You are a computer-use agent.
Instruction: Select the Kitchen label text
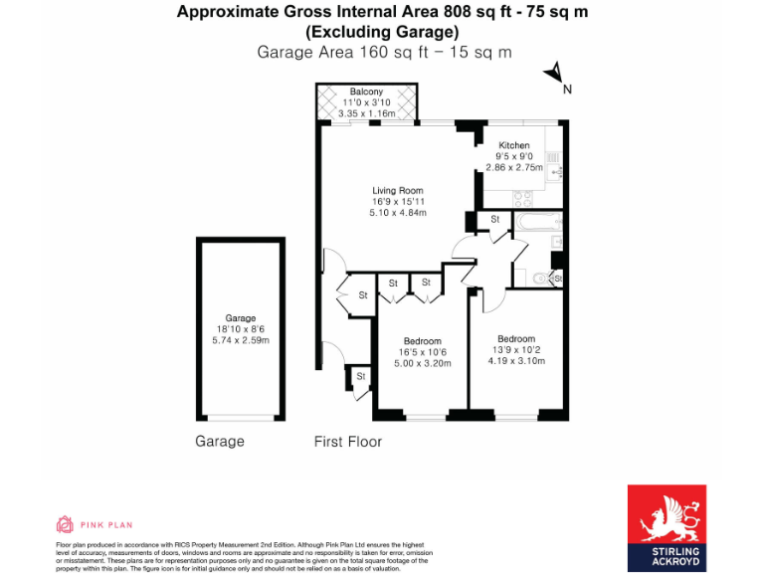point(514,145)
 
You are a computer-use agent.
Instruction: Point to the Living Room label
point(398,190)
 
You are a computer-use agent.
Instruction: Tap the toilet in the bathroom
point(542,279)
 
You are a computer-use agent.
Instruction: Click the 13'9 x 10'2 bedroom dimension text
point(516,349)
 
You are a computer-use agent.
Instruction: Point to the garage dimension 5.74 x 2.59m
point(241,341)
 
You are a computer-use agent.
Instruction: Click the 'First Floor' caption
point(347,442)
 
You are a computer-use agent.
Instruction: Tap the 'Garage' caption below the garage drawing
point(219,442)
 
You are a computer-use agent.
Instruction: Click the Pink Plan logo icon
point(64,524)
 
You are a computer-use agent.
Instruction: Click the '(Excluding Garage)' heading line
point(382,32)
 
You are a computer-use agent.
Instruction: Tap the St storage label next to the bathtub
point(494,219)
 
